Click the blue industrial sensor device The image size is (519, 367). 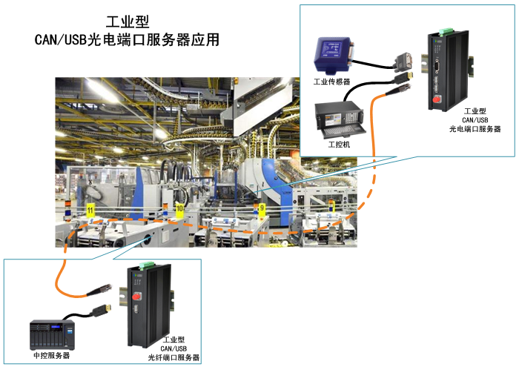pos(334,55)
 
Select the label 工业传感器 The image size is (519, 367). pos(331,82)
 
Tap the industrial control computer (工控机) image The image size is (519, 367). pos(340,121)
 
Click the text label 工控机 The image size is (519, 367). pos(339,145)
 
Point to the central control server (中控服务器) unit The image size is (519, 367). pos(53,334)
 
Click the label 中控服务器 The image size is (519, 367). pos(52,355)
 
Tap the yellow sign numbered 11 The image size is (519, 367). pos(90,211)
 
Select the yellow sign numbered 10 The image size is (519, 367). pos(179,209)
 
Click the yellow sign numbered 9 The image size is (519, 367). pos(262,208)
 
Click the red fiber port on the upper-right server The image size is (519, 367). pos(437,99)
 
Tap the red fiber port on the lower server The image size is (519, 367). pos(136,296)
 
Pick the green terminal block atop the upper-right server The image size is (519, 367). pos(446,31)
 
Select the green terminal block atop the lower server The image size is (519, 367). pos(146,265)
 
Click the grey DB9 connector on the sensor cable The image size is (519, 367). pos(404,62)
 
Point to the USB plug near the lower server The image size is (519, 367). pos(102,310)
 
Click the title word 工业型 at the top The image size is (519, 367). pos(128,22)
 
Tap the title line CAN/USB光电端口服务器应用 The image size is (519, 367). pos(127,40)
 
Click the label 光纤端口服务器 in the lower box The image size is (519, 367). pos(173,357)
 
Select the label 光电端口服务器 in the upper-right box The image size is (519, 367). pos(475,129)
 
